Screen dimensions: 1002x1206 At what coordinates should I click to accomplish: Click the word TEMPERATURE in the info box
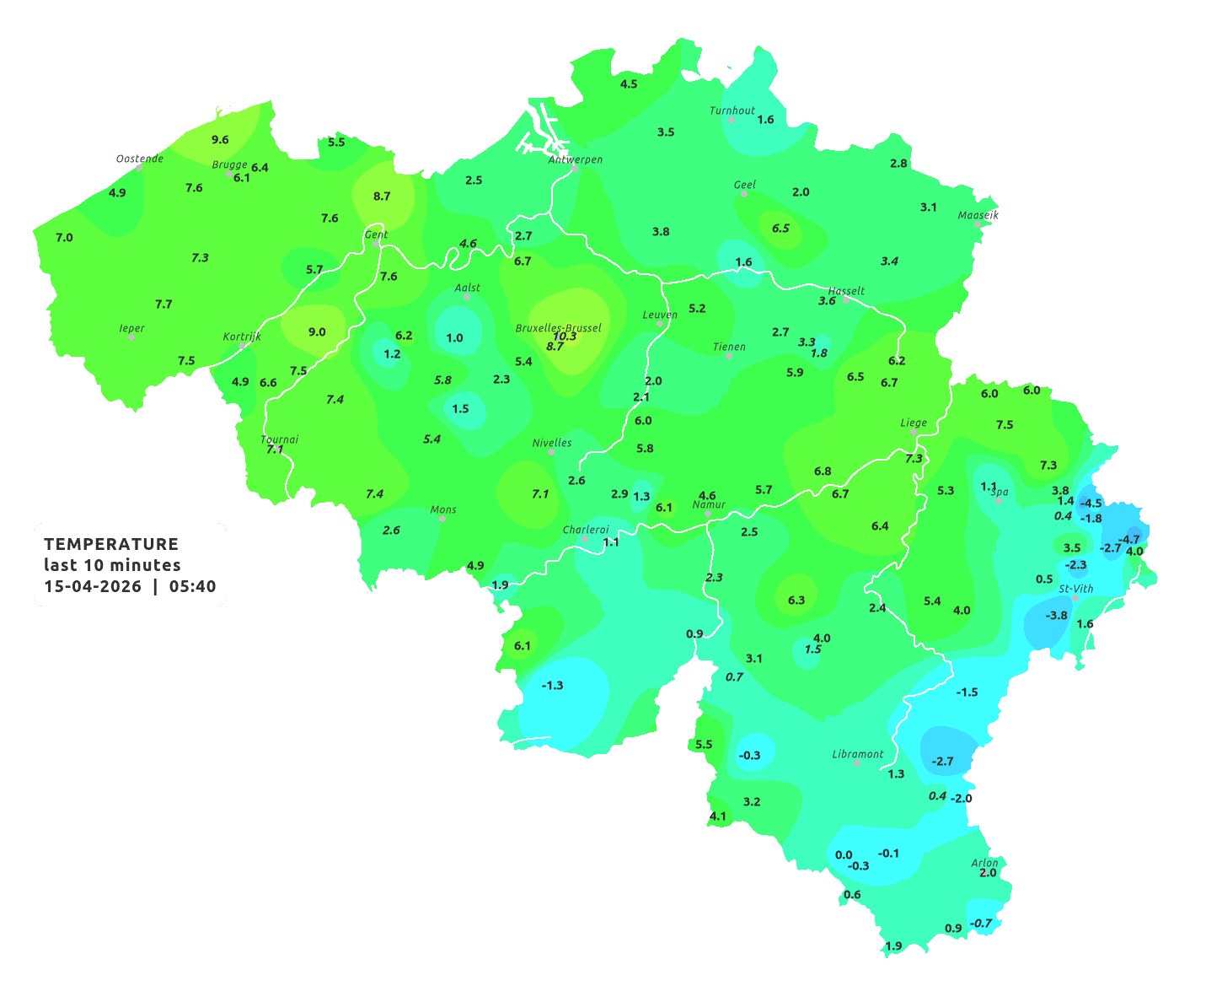(x=111, y=544)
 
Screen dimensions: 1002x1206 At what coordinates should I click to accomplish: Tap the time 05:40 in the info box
(x=192, y=586)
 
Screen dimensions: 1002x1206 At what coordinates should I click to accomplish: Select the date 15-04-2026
(x=93, y=586)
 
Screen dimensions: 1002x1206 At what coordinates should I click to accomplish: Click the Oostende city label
(x=139, y=158)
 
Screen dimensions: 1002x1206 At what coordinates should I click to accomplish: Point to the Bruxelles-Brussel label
(x=559, y=327)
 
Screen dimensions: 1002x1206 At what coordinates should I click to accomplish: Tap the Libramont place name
(x=858, y=754)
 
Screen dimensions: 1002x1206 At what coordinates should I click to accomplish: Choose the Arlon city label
(x=984, y=862)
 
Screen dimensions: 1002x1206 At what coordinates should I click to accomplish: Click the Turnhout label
(x=732, y=110)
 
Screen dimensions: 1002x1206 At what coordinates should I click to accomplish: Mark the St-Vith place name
(x=1076, y=588)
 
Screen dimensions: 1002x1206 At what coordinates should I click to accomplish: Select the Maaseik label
(x=978, y=215)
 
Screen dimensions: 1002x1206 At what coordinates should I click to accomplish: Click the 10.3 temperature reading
(x=565, y=337)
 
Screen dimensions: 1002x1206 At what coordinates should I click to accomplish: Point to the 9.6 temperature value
(x=220, y=140)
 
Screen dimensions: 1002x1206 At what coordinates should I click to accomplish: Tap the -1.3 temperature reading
(x=552, y=685)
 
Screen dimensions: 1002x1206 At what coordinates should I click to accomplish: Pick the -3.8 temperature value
(x=1056, y=616)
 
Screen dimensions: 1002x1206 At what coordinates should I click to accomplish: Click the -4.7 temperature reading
(x=1128, y=539)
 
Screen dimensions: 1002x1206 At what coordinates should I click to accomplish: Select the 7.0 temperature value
(x=64, y=238)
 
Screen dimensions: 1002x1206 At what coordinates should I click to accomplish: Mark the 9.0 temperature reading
(x=317, y=331)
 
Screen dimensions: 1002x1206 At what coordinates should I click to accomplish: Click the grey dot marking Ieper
(x=131, y=337)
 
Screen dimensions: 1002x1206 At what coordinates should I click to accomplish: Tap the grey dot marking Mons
(x=442, y=519)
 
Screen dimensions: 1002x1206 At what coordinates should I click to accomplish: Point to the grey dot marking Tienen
(x=729, y=356)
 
